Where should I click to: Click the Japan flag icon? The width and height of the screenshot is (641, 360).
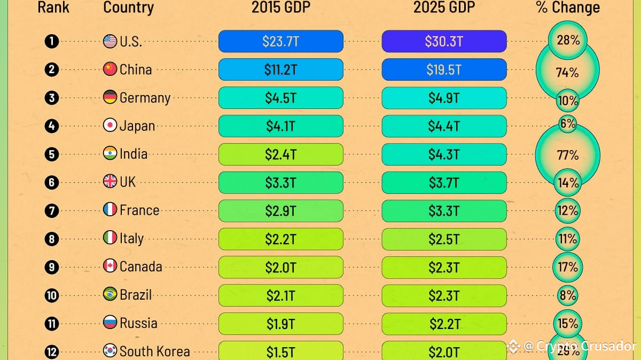point(110,126)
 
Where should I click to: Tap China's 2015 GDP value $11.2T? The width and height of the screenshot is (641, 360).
point(280,69)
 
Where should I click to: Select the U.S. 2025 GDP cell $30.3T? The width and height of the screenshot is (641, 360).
point(444,41)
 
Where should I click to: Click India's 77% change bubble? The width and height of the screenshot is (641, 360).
point(567,155)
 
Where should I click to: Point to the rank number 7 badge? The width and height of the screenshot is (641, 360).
point(52,210)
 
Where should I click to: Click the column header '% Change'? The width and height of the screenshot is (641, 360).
point(568,7)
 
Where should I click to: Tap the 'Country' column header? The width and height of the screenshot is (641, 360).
point(128,7)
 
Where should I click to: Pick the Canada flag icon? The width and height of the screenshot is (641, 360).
point(110,267)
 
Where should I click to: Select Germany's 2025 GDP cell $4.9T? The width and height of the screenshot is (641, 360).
point(444,98)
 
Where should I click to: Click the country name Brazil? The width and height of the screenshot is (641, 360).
point(136,295)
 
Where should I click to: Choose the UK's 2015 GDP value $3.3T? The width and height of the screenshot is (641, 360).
point(280,183)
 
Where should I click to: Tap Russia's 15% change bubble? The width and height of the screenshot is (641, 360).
point(567,324)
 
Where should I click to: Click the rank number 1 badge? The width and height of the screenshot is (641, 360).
point(52,41)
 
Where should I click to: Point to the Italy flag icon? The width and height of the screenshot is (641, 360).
point(110,238)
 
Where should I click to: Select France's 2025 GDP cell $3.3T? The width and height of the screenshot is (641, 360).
point(444,211)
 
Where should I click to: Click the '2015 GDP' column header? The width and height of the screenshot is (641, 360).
point(280,7)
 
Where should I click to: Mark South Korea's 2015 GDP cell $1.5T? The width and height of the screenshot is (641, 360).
point(280,351)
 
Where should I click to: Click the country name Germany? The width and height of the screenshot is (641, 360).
point(145,98)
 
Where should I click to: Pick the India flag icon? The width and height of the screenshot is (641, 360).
point(110,154)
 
